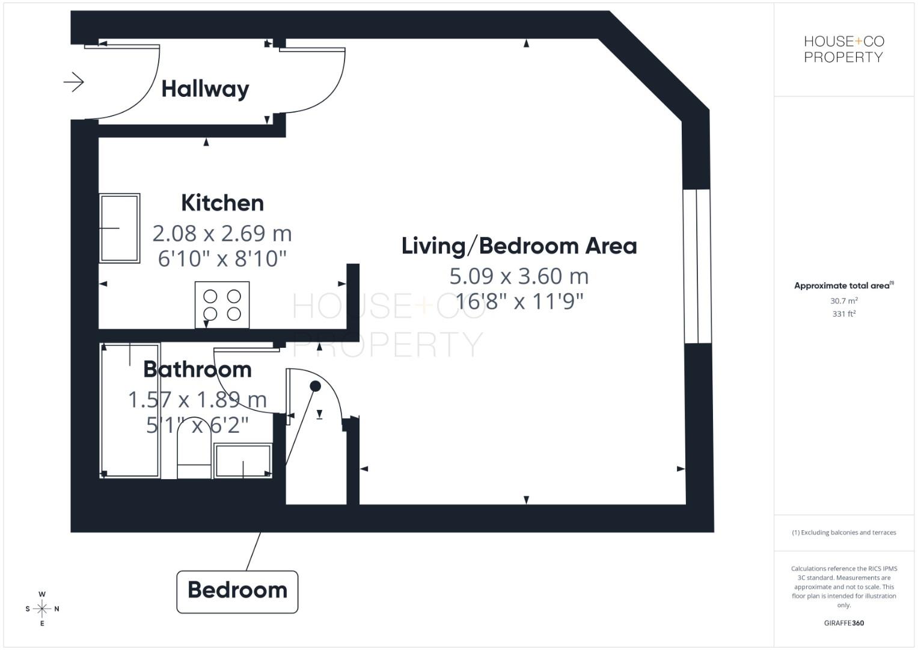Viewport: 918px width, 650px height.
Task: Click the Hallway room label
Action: [205, 89]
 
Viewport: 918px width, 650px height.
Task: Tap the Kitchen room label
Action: [222, 203]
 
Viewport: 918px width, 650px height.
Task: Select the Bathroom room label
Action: [197, 369]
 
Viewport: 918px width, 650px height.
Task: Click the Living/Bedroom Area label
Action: [519, 246]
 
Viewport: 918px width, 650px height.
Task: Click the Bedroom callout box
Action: [237, 590]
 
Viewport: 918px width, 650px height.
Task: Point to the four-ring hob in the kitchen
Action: [222, 305]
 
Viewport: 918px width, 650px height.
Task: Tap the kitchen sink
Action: [120, 228]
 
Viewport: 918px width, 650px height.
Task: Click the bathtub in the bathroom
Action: [130, 410]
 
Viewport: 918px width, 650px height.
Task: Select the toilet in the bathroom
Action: [194, 454]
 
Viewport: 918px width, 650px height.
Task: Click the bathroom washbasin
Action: [243, 461]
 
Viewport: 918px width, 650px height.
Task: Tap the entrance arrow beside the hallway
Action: [74, 82]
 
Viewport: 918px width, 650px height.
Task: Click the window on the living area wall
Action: [697, 266]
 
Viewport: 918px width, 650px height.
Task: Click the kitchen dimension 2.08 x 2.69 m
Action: [222, 233]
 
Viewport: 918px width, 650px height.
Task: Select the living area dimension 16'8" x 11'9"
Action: [519, 301]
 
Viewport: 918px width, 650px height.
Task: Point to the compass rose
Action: [42, 608]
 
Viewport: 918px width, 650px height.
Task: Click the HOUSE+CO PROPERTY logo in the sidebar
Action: [844, 49]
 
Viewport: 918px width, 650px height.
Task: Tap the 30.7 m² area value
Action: [844, 300]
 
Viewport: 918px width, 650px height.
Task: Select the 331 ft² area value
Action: [844, 314]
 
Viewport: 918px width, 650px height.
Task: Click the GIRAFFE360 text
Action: [844, 623]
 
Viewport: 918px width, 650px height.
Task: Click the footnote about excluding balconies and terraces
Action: [844, 533]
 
